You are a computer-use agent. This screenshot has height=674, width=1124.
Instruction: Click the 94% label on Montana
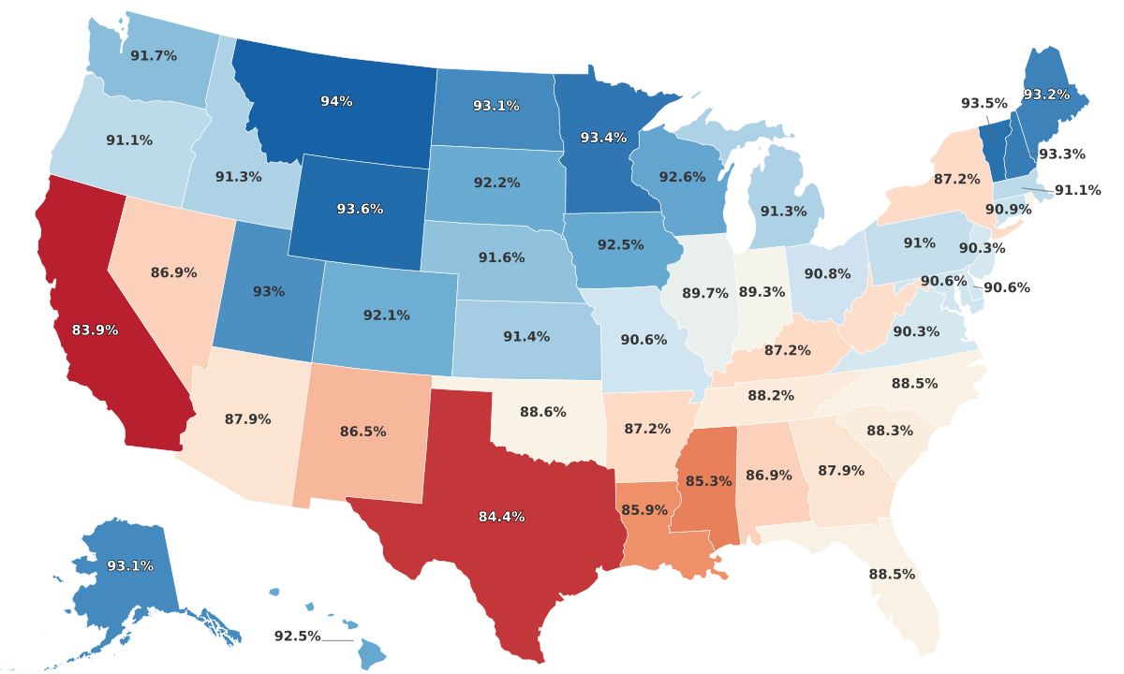click(336, 101)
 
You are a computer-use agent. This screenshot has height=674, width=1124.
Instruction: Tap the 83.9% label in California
click(95, 330)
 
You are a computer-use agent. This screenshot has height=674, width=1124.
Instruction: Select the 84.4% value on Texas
click(501, 517)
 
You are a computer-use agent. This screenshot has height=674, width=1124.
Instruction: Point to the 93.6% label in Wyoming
click(360, 209)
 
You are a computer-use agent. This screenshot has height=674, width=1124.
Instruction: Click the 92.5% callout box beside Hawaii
click(297, 637)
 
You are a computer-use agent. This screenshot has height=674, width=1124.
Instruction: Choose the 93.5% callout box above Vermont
click(983, 103)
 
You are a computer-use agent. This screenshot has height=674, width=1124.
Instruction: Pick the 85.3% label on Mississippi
click(708, 481)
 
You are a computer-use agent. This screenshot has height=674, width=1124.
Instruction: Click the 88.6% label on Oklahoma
click(542, 411)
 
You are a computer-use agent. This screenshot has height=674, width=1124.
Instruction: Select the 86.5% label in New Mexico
click(363, 432)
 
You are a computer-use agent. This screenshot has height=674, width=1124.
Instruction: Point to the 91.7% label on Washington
click(154, 56)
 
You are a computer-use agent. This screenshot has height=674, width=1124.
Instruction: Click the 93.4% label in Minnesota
click(603, 138)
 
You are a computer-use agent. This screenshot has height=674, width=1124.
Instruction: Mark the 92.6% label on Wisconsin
click(682, 176)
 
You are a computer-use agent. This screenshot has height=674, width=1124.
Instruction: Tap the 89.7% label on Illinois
click(705, 293)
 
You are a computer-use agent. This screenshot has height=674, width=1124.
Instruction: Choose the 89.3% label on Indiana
click(762, 292)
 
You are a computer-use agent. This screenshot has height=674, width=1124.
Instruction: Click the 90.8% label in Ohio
click(827, 274)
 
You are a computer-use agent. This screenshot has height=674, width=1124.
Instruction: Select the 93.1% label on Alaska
click(130, 565)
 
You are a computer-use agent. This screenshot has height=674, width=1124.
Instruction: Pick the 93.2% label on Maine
click(1046, 95)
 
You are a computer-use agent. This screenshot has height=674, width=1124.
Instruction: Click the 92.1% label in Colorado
click(386, 315)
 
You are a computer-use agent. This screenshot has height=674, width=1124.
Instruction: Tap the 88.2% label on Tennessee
click(770, 395)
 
